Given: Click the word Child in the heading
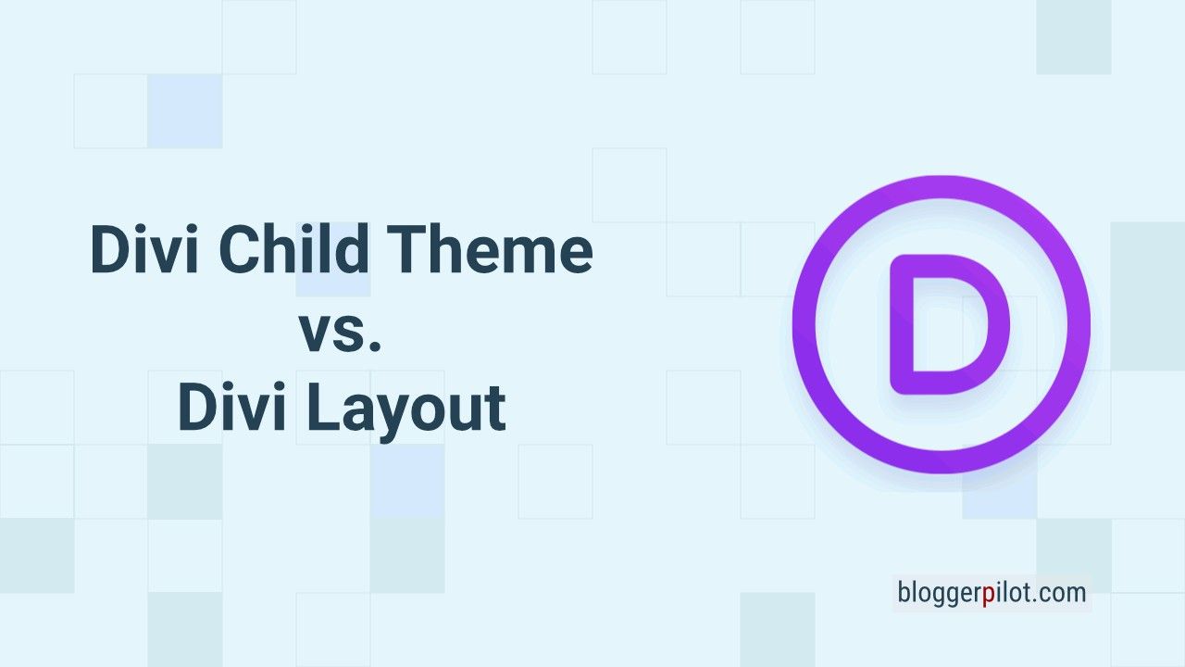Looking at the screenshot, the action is (x=293, y=248).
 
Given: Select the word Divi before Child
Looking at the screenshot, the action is (x=144, y=248).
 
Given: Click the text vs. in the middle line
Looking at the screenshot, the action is (x=342, y=334).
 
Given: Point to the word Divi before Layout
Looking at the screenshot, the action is (x=232, y=407).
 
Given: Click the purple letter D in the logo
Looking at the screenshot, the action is (x=950, y=324).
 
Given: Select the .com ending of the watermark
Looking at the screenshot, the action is (x=1058, y=593).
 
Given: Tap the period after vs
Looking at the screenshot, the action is (x=375, y=346).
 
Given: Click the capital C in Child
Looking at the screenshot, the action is (x=240, y=249).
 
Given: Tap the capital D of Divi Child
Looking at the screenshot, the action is (x=112, y=249).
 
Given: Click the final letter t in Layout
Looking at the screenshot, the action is (x=494, y=409).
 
